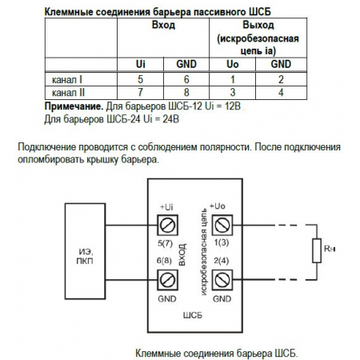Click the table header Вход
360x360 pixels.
[x=163, y=25]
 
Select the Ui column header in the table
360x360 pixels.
[x=142, y=63]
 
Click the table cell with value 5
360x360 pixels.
[x=142, y=79]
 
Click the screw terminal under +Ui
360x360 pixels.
[x=169, y=224]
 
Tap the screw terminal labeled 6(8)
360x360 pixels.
[x=169, y=278]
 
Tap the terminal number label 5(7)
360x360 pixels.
[x=166, y=242]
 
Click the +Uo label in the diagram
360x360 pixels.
[x=216, y=206]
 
